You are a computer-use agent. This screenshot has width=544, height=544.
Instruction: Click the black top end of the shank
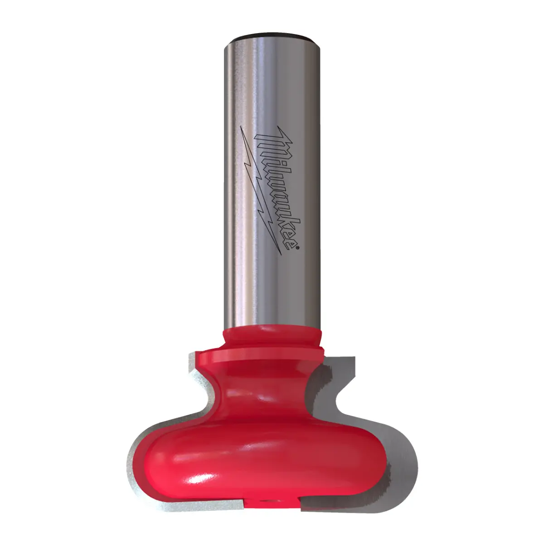[273, 36]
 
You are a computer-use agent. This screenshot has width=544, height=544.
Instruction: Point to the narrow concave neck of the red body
[272, 390]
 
